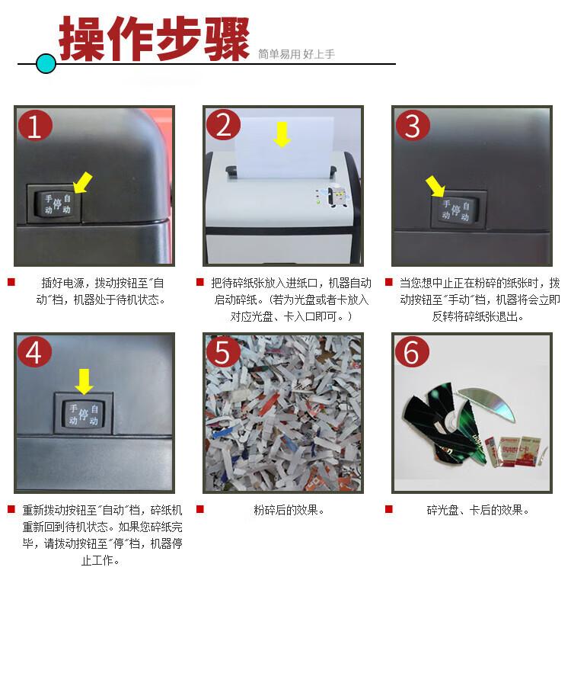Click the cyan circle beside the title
coord(46,64)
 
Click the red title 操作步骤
coord(154,39)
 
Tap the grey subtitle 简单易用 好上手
coord(296,54)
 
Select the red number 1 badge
coord(35,126)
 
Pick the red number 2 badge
coord(223,125)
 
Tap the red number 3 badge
coord(413,125)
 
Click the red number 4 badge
coord(35,352)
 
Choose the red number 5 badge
coord(223,352)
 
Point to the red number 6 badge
coord(412,352)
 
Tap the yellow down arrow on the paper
coord(282,134)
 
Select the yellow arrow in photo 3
coord(435,186)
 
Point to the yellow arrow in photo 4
coord(84,381)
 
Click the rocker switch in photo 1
coord(57,204)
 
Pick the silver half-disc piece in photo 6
coord(486,403)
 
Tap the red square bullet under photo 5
coord(200,509)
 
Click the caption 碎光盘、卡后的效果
coord(478,510)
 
